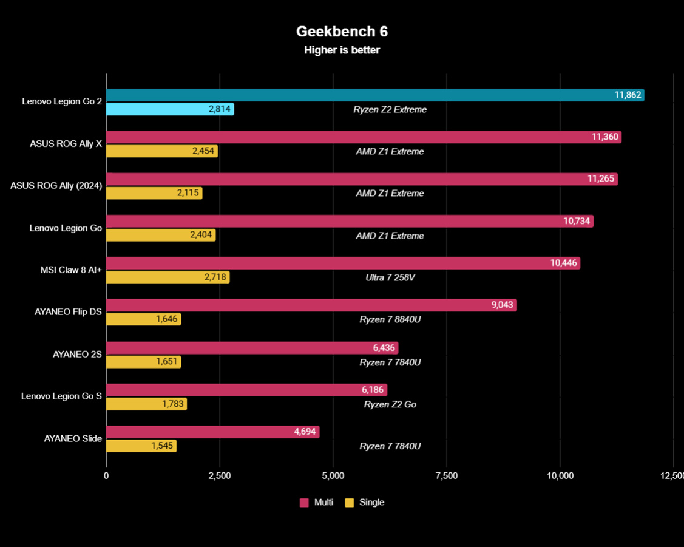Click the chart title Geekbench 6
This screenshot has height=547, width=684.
[342, 31]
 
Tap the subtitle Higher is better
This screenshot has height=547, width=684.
[342, 50]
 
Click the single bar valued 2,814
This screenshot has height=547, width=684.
[170, 109]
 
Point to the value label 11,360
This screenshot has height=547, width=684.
[604, 137]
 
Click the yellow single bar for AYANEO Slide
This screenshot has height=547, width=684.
[141, 446]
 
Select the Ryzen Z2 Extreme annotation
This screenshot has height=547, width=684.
[390, 110]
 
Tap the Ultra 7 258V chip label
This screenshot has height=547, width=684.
[390, 277]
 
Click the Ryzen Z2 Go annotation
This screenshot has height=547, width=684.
[390, 404]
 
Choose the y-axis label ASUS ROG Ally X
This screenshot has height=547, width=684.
[66, 144]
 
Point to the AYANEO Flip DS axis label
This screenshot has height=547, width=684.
[68, 312]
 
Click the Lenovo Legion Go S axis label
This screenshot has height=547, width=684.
[61, 396]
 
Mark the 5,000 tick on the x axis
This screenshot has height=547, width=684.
[333, 476]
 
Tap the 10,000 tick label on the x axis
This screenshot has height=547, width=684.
[560, 476]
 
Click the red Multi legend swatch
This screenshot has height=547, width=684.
[305, 503]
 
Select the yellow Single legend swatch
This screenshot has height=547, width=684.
[349, 503]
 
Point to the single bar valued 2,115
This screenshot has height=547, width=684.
[154, 193]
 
